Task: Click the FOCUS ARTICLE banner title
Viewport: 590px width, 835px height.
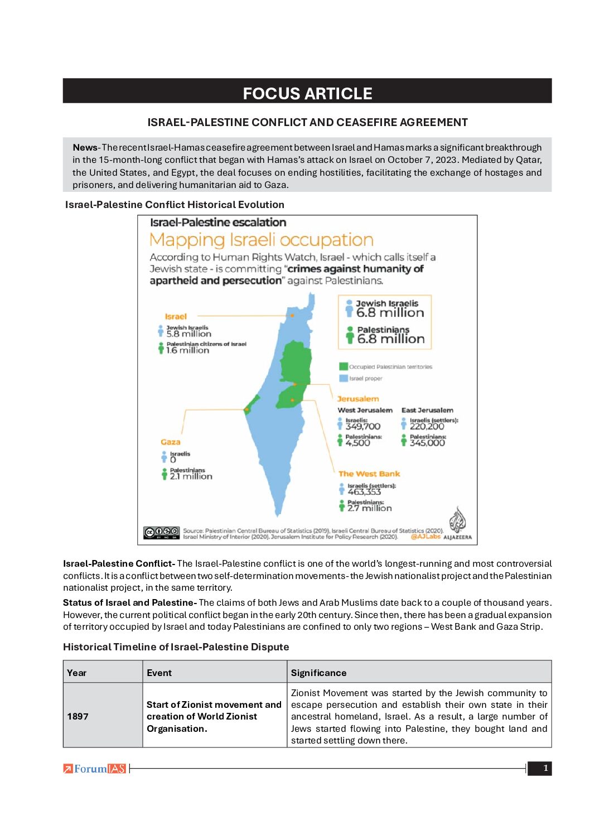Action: pos(307,93)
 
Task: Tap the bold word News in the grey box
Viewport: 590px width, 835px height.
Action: pos(85,148)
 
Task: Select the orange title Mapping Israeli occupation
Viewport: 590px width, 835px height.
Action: pos(261,240)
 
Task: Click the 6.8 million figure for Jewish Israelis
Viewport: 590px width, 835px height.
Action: pos(390,313)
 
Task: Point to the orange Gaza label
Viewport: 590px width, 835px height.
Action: pos(170,442)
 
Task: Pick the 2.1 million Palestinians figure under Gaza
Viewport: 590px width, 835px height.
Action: pos(191,476)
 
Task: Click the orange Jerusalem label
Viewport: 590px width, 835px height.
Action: pos(357,399)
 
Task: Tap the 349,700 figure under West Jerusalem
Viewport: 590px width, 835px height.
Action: pos(362,427)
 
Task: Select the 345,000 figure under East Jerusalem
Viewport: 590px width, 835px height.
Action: pos(427,443)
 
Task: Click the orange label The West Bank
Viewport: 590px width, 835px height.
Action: pos(369,474)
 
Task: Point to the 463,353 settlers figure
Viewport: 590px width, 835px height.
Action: pos(364,492)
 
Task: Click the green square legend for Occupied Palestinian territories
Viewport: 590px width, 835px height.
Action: pos(344,366)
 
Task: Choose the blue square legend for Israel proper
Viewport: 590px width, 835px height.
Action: pos(344,378)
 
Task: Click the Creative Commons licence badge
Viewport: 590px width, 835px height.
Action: pos(162,532)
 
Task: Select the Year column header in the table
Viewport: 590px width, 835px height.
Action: pos(77,673)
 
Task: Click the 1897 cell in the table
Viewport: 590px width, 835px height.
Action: pos(78,716)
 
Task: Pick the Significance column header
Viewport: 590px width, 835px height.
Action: pos(318,673)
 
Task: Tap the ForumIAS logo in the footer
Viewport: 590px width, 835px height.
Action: pos(95,769)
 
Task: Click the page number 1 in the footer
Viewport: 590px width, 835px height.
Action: pos(545,768)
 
